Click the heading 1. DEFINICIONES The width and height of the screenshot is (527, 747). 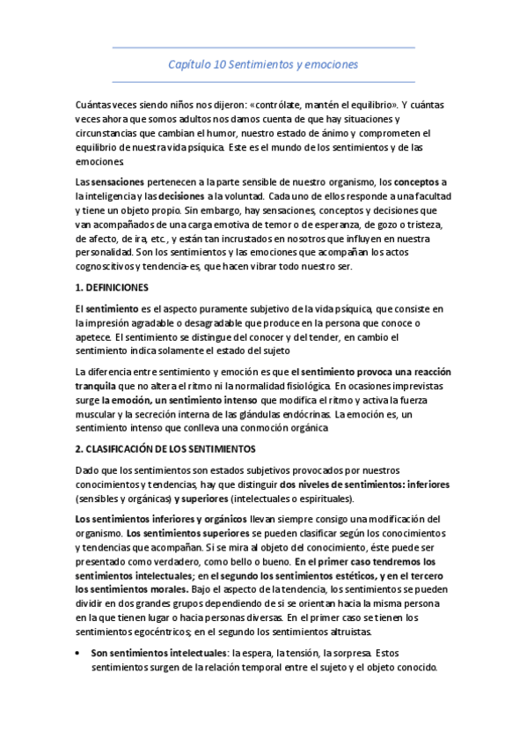[113, 288]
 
